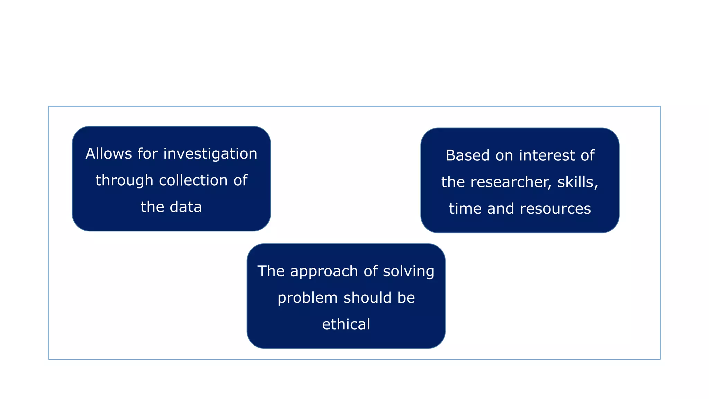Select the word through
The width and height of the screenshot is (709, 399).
click(124, 181)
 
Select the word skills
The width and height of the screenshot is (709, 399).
click(577, 182)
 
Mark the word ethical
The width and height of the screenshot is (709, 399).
click(346, 325)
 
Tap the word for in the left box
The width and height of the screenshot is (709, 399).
click(147, 154)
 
